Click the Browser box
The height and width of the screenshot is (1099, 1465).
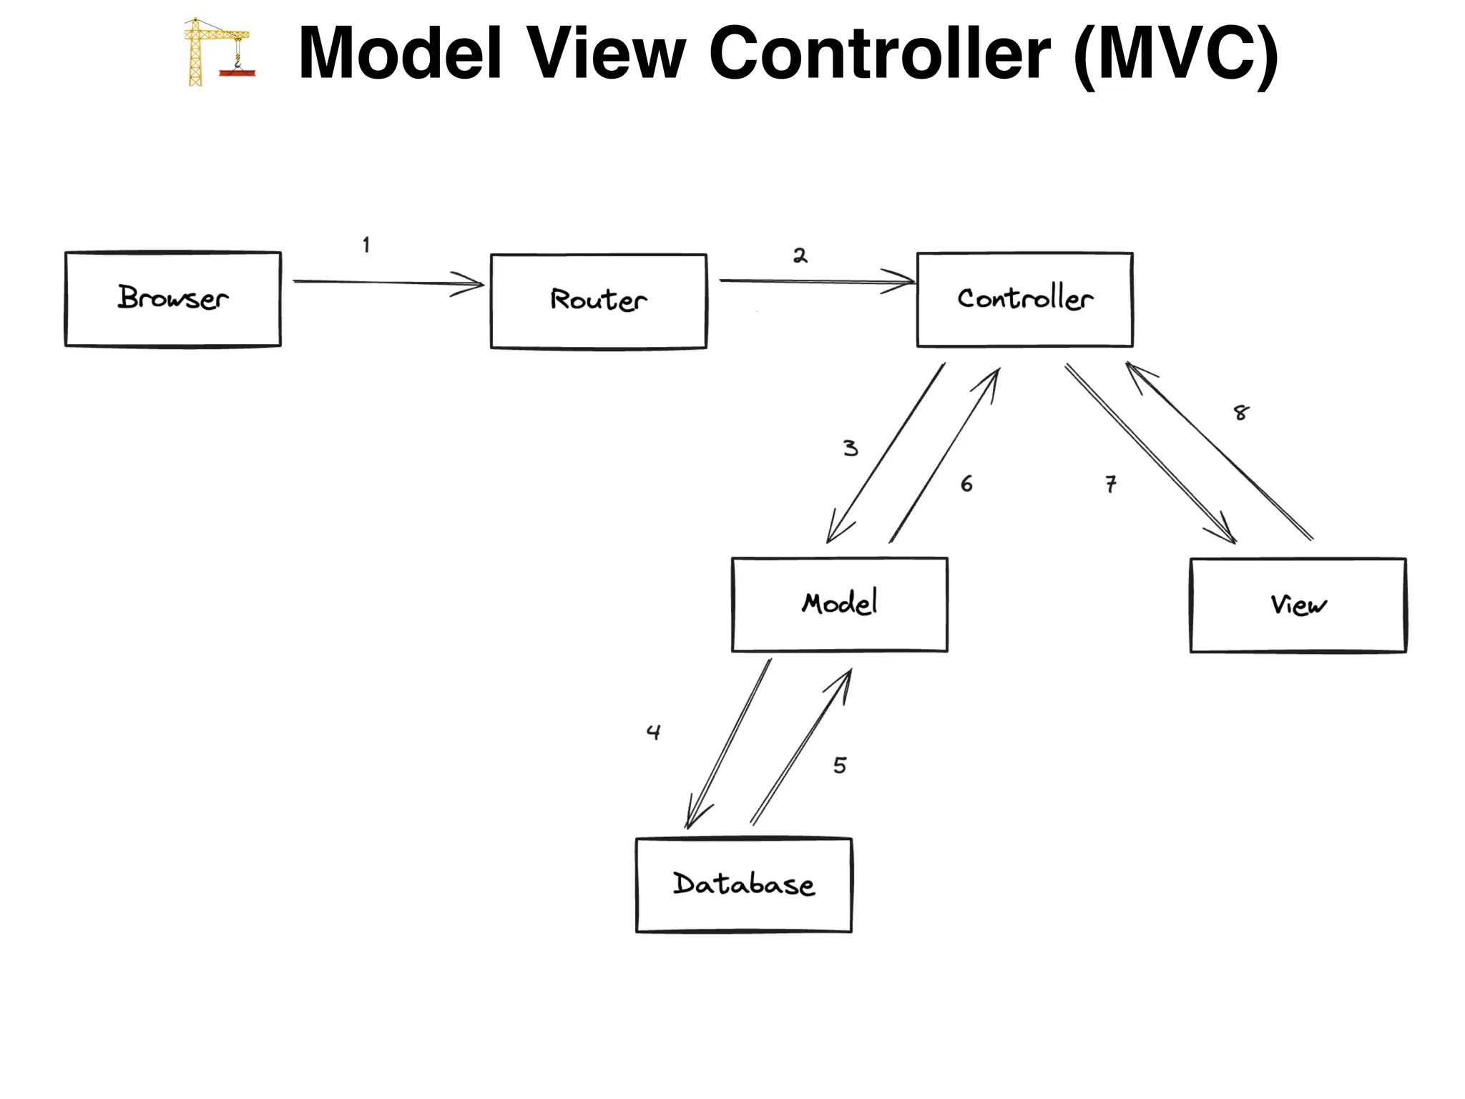(172, 299)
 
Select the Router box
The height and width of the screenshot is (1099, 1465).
(598, 301)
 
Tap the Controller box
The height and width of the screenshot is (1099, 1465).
(1024, 299)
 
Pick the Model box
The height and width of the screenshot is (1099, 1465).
(839, 605)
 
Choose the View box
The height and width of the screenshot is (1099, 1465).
(1298, 605)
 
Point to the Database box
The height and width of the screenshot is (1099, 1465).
(743, 885)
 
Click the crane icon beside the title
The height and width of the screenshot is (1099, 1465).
(217, 52)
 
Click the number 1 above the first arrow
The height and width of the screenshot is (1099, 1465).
(366, 245)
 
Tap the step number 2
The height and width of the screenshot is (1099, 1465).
(800, 256)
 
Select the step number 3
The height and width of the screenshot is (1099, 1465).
(850, 449)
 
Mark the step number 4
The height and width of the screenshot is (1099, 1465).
(653, 732)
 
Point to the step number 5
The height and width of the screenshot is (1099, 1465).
(840, 766)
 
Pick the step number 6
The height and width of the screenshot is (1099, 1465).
(966, 484)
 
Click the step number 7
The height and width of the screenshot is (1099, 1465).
(1110, 484)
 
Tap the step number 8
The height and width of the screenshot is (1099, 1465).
(1241, 413)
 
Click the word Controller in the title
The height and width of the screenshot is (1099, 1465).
(879, 54)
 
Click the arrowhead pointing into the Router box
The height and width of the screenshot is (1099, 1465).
(473, 284)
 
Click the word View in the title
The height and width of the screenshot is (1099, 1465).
(606, 54)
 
